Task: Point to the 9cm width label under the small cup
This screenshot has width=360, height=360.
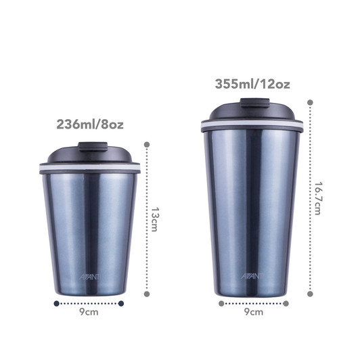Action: pos(89,313)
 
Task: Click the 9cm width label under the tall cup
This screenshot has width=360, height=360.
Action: pos(253,313)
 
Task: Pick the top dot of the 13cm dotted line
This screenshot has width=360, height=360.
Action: pos(147,143)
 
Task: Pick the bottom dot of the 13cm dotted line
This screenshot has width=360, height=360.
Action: pos(147,294)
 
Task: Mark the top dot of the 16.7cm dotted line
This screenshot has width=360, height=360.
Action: pos(310,104)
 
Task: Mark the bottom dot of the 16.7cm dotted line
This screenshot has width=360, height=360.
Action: pos(310,294)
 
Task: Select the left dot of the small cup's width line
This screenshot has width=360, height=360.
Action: pos(55,304)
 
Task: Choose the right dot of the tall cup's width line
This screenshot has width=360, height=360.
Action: pos(285,304)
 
